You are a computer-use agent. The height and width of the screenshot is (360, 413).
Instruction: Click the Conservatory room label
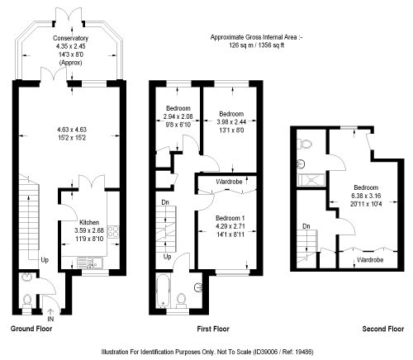[x=70, y=38]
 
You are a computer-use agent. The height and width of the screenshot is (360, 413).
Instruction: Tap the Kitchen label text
[x=89, y=222]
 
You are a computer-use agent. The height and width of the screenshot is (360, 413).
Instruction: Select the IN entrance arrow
[x=50, y=312]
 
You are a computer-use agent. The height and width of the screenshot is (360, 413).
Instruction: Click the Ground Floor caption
[x=31, y=329]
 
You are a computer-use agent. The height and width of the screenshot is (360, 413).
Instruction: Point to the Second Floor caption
[x=383, y=329]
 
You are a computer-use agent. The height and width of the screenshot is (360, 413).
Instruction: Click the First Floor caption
[x=213, y=329]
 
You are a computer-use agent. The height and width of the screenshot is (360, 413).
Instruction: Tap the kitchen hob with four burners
[x=113, y=231]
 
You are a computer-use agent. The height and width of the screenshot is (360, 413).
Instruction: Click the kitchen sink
[x=90, y=263]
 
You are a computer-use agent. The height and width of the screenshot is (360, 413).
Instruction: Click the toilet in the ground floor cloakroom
[x=27, y=301]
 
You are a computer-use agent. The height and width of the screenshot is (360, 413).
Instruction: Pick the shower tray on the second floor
[x=311, y=180]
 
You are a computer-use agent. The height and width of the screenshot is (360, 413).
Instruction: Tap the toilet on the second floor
[x=305, y=144]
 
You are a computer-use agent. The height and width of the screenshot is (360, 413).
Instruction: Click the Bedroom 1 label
[x=230, y=218]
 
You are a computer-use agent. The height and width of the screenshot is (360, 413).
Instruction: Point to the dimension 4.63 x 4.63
[x=72, y=130]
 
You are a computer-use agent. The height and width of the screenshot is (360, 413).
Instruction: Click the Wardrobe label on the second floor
[x=370, y=260]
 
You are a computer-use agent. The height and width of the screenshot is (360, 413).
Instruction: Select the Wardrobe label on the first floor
[x=229, y=182]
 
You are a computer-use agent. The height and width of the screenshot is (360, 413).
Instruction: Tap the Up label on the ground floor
[x=45, y=260]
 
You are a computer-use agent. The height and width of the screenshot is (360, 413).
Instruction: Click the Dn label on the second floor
[x=306, y=226]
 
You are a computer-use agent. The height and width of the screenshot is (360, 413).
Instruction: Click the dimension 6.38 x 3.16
[x=366, y=196]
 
